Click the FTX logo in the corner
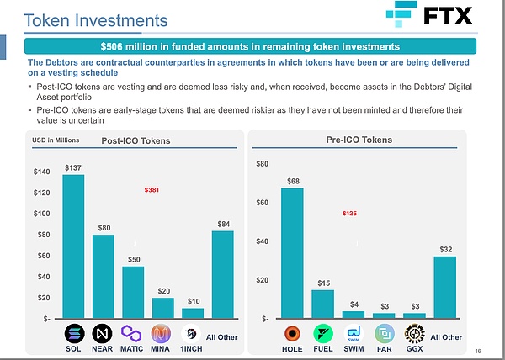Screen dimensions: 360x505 click(428, 16)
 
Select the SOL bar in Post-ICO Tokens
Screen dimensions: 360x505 click(73, 246)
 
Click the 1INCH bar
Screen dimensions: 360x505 click(193, 313)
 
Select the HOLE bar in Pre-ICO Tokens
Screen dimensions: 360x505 click(292, 252)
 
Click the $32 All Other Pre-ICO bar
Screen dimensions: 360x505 click(444, 287)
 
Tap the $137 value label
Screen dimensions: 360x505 click(73, 167)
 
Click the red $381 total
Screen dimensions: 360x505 click(153, 190)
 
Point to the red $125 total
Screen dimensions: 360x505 click(349, 214)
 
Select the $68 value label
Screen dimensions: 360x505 click(293, 181)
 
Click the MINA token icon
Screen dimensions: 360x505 click(162, 331)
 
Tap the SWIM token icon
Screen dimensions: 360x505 click(353, 331)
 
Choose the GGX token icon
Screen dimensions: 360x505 click(414, 331)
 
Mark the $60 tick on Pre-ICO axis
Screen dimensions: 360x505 click(263, 203)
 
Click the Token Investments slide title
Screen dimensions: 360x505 click(94, 19)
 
